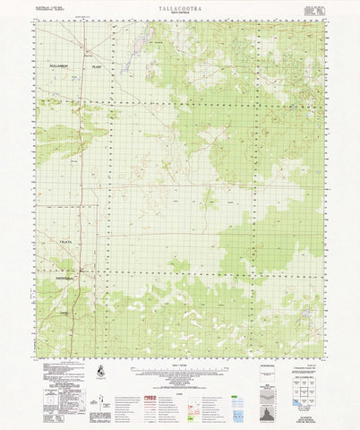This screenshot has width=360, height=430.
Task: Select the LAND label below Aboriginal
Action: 64,311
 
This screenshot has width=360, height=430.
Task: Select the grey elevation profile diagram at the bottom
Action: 268,394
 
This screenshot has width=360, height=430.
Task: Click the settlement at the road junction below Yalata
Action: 81,269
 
